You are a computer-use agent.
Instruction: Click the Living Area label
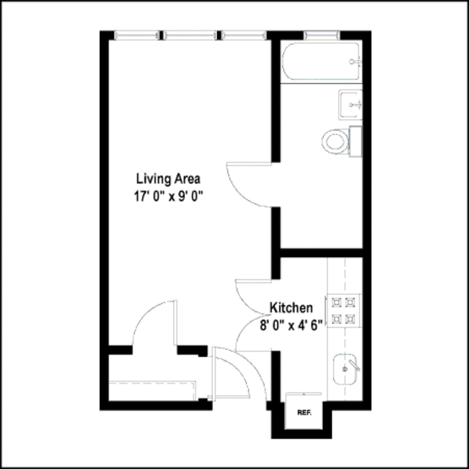(168, 179)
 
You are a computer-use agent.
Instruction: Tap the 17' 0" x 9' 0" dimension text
(168, 196)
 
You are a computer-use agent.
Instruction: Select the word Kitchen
(291, 307)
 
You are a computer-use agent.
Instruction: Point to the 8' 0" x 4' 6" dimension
(291, 325)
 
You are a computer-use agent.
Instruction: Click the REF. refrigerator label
(304, 413)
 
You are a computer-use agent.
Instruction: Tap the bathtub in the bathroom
(321, 63)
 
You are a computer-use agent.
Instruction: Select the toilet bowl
(334, 140)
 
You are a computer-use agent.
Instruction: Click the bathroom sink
(350, 104)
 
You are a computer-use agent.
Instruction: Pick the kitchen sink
(345, 369)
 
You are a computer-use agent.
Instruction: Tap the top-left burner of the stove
(336, 302)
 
